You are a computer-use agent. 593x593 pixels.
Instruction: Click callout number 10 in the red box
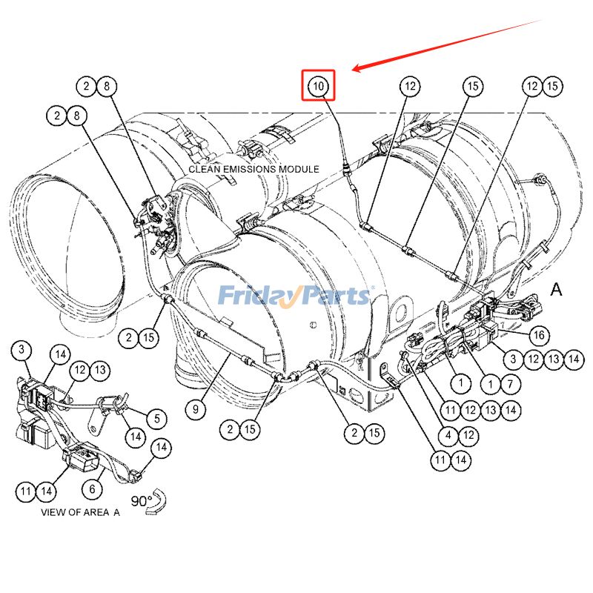(x=318, y=85)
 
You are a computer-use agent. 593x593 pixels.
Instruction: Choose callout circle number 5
(x=157, y=419)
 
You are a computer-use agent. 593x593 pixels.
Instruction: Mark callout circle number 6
(x=93, y=489)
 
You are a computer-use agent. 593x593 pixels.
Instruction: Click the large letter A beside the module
(x=556, y=290)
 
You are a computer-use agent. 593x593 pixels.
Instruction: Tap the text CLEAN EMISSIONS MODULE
(x=254, y=169)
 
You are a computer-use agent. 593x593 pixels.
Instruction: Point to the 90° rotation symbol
(x=149, y=503)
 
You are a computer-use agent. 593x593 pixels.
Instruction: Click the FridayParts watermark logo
(x=296, y=296)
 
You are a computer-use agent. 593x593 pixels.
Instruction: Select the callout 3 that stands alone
(x=24, y=349)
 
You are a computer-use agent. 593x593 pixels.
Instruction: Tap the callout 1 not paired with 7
(x=460, y=383)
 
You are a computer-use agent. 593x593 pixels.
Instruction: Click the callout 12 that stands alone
(x=410, y=86)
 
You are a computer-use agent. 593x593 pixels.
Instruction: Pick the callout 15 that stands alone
(x=473, y=86)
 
